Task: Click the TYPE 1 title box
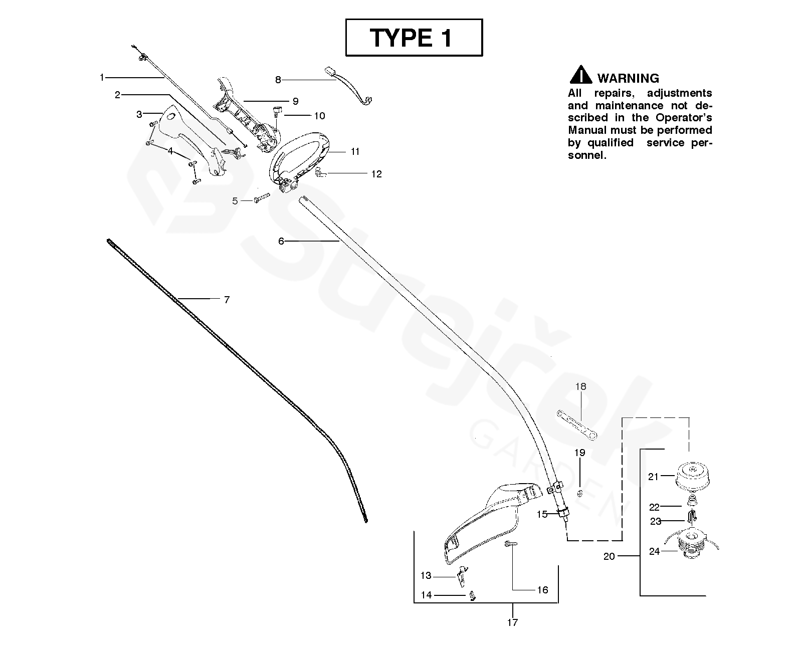click(x=414, y=38)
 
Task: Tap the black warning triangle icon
click(x=580, y=75)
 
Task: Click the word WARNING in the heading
click(x=628, y=78)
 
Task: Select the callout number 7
click(x=227, y=300)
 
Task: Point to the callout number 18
click(x=580, y=386)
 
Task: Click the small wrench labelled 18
click(x=576, y=424)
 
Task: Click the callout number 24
click(x=654, y=551)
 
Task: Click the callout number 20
click(x=609, y=556)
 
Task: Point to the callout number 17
click(x=512, y=622)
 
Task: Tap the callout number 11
click(x=355, y=151)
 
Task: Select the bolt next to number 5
click(x=262, y=198)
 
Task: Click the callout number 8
click(x=278, y=79)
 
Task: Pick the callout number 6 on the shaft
click(x=281, y=242)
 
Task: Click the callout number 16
click(x=543, y=590)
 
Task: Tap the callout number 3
click(x=139, y=114)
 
